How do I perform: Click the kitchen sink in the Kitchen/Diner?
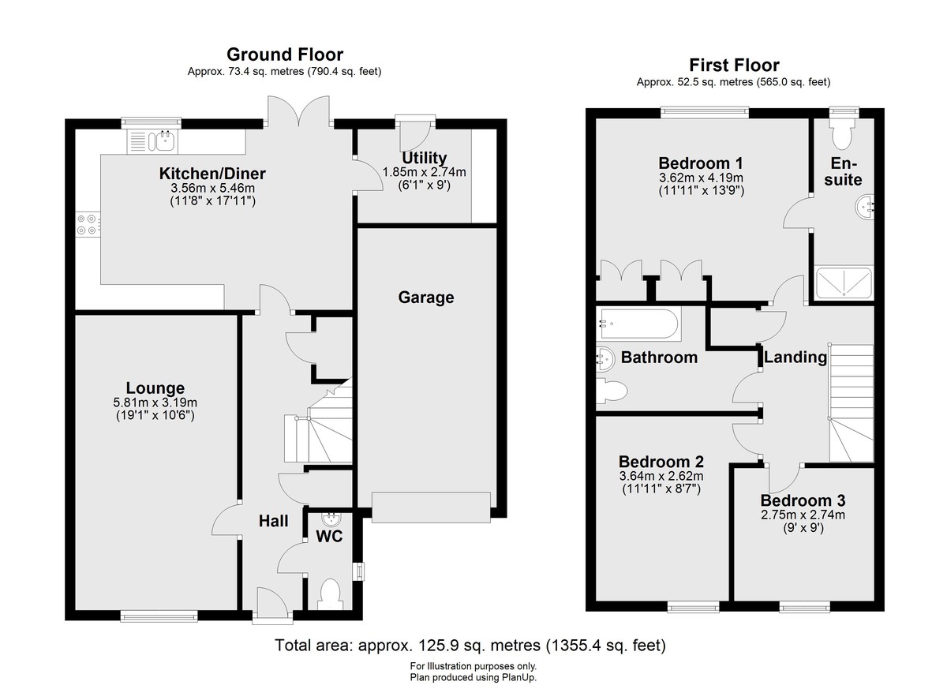[152, 141]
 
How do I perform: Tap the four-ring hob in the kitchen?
[88, 224]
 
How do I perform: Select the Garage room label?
[425, 298]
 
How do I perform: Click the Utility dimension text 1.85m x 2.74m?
[424, 172]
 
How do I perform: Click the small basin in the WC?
[331, 519]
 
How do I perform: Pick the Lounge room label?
[155, 388]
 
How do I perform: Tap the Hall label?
[274, 521]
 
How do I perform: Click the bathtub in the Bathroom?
[638, 324]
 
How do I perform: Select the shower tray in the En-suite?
[844, 283]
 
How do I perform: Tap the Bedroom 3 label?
[803, 500]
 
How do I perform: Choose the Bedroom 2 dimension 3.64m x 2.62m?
[661, 476]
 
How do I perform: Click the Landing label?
[795, 358]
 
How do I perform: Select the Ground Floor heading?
[285, 54]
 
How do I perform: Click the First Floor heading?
[734, 65]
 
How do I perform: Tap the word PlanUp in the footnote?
[519, 678]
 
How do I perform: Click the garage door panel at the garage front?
[431, 507]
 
